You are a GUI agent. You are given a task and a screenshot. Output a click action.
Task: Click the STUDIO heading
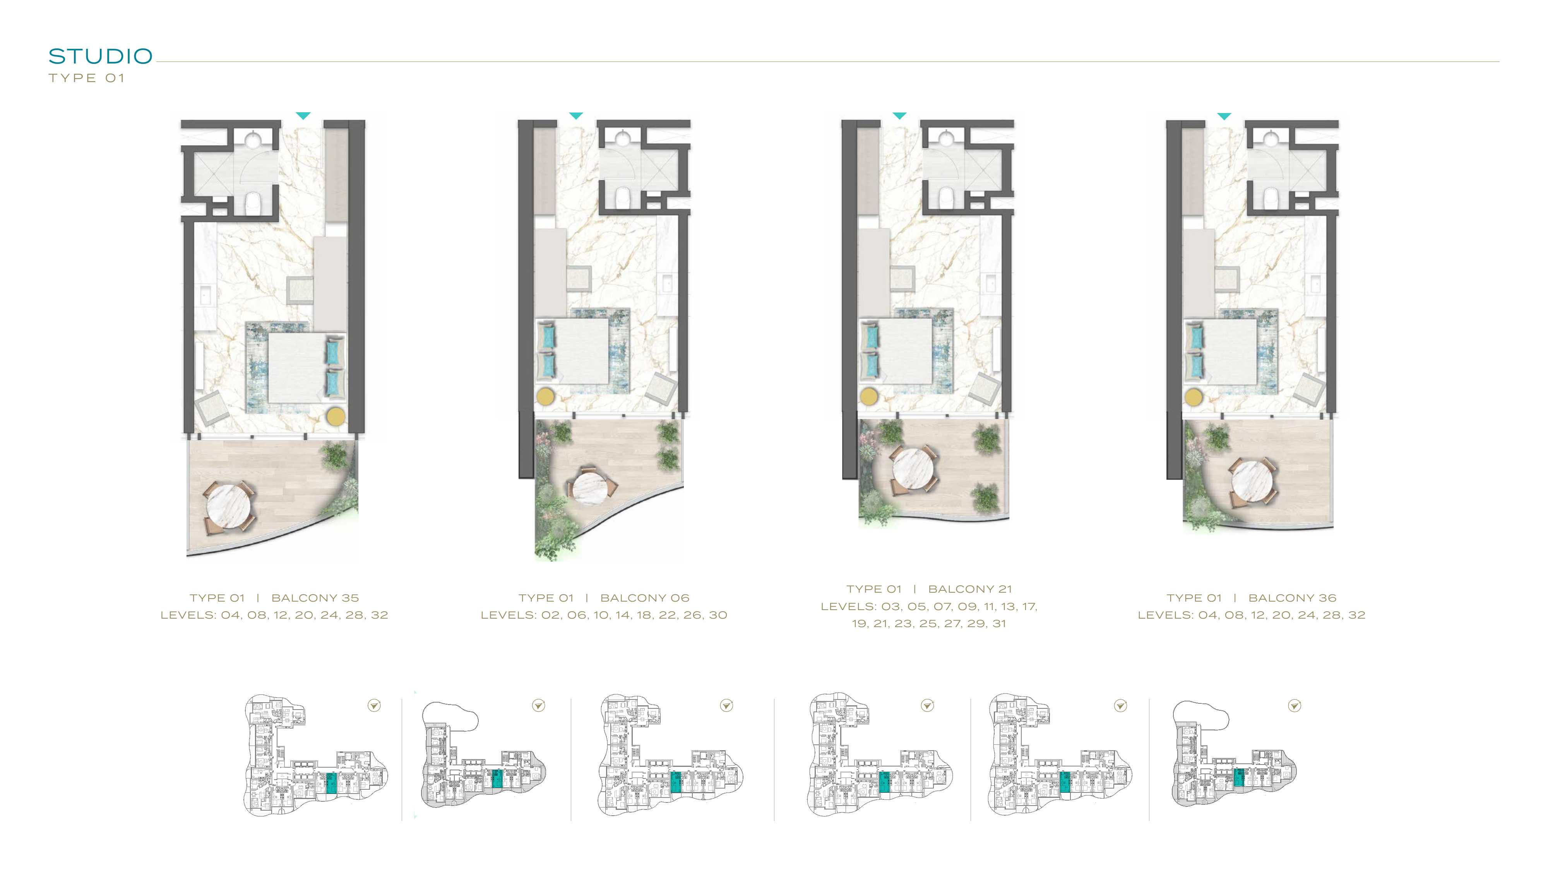100,56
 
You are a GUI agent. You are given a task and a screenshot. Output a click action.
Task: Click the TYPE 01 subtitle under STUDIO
87,78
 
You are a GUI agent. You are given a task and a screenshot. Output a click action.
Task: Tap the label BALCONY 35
315,598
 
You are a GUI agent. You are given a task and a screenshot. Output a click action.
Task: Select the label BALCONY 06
645,598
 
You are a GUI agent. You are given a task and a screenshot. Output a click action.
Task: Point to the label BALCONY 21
970,589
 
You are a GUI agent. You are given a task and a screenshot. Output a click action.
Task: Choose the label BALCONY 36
1293,598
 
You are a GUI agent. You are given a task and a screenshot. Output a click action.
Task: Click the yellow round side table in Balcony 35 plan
335,417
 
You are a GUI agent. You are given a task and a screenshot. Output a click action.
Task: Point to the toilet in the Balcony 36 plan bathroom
1271,198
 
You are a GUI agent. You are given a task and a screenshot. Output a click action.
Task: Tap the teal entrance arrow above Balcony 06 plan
576,115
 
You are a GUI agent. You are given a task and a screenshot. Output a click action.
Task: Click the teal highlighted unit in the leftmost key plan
331,783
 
